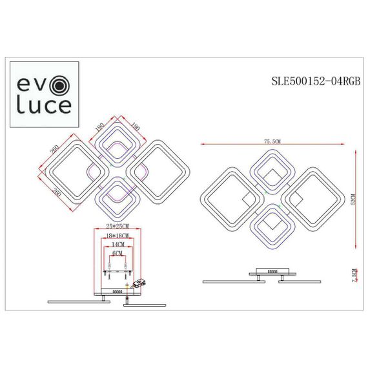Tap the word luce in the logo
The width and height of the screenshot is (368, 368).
click(x=43, y=105)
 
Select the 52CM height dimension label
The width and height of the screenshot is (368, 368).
click(x=353, y=199)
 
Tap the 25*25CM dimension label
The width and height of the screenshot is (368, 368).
click(x=118, y=226)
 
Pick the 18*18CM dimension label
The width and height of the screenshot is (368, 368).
click(x=118, y=237)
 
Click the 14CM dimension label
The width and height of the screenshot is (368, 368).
click(x=117, y=246)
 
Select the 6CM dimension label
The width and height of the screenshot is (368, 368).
click(x=117, y=254)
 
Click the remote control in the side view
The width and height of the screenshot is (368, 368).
click(x=141, y=283)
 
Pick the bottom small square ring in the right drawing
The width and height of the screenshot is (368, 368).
click(x=271, y=224)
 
